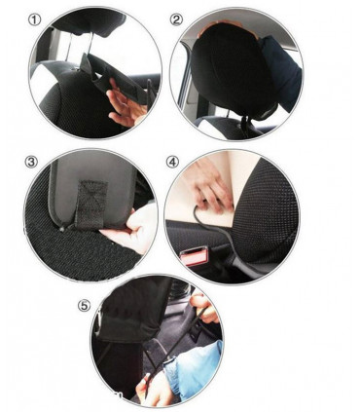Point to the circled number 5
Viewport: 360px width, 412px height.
[85, 305]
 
